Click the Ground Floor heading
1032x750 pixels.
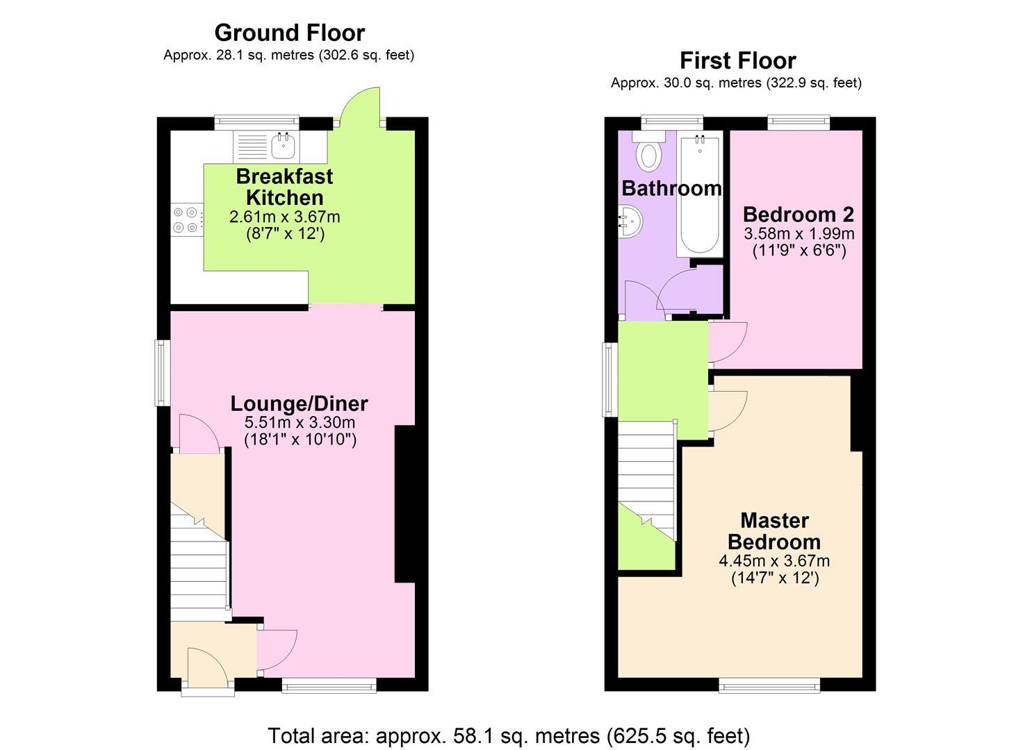289,33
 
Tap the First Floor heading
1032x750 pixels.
737,60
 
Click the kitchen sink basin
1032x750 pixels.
284,146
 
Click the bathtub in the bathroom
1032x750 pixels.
699,196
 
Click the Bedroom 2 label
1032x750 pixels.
798,214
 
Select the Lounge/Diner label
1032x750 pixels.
299,403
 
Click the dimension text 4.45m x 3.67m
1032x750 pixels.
774,560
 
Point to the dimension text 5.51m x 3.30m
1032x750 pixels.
300,422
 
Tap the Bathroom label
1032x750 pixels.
671,188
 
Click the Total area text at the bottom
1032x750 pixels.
509,735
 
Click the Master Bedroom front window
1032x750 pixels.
769,686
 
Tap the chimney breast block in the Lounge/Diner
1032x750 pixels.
404,503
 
